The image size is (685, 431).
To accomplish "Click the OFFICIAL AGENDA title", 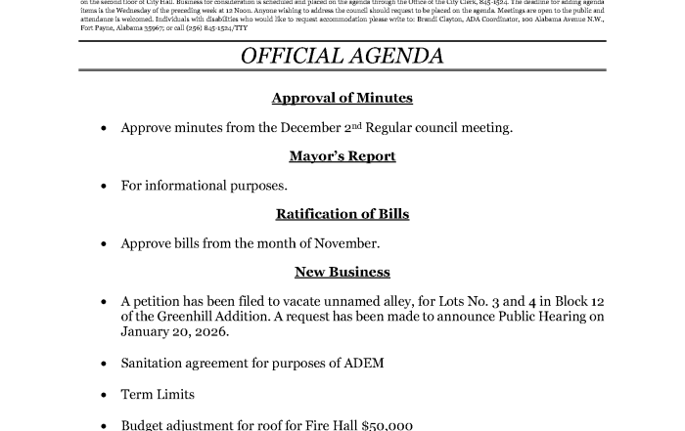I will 342,56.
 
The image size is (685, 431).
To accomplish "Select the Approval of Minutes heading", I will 342,98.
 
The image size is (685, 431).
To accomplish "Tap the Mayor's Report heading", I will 342,156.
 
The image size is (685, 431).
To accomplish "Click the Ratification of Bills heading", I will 342,214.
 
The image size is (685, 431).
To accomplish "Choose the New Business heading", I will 342,272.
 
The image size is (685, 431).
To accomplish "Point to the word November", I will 346,243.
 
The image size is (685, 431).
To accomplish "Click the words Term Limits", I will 158,395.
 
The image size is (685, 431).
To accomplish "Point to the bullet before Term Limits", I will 104,396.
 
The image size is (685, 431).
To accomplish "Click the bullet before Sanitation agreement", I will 104,365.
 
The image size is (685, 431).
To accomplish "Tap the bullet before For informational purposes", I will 104,187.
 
